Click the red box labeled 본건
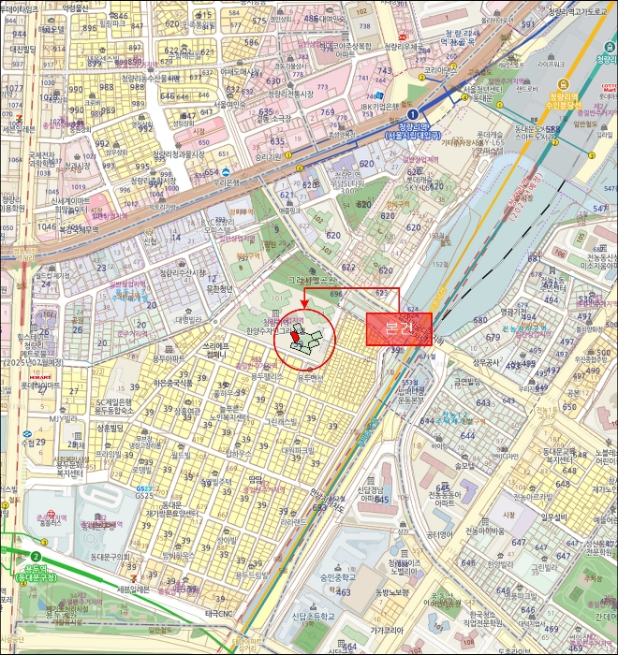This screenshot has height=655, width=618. pos(398,328)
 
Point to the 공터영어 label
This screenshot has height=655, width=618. pos(439,534)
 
